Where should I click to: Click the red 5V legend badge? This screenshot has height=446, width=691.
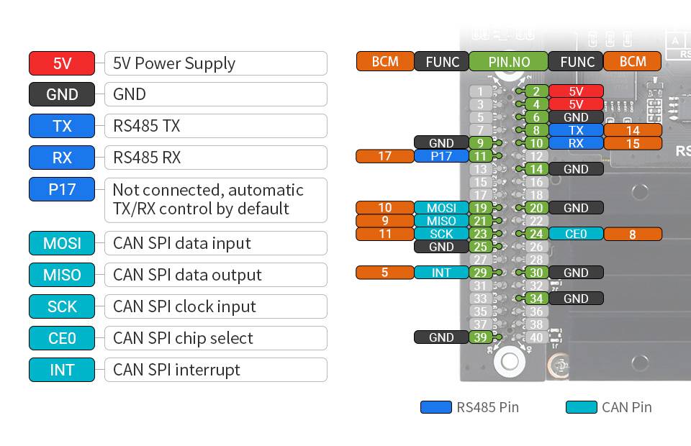(62, 63)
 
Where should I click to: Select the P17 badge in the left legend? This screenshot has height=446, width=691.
(62, 190)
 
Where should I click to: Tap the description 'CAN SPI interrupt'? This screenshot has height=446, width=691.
(215, 370)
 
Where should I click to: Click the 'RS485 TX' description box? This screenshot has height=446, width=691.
(215, 126)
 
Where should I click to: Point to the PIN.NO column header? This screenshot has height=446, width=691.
(508, 62)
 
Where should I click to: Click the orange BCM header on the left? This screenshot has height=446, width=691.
(385, 62)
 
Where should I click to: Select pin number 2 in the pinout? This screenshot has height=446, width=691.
(536, 91)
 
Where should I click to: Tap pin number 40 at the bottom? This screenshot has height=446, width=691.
(536, 337)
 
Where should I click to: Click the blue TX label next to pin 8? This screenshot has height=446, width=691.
(576, 130)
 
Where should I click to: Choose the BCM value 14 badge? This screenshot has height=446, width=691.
(633, 130)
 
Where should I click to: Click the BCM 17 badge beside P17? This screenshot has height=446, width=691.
(384, 156)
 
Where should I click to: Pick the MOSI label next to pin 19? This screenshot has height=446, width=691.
(441, 208)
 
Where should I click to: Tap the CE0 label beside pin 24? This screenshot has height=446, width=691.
(576, 234)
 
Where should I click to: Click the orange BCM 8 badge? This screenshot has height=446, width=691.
(633, 234)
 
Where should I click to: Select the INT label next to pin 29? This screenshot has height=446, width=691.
(441, 273)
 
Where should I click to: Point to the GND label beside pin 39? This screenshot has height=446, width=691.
(441, 337)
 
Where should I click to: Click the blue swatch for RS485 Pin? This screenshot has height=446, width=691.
(436, 407)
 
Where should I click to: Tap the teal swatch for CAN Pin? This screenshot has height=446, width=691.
(582, 407)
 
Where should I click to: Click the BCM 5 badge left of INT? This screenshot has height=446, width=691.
(384, 273)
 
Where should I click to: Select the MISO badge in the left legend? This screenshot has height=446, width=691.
(62, 275)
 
